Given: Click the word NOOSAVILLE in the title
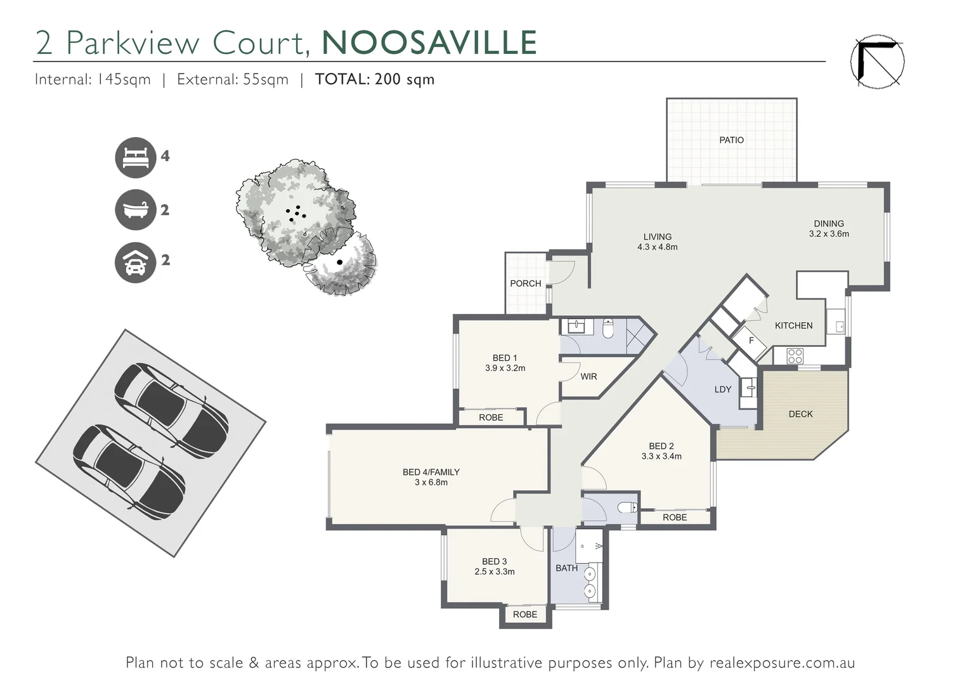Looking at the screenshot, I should point(429,42).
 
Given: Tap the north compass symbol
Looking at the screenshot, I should point(877,61).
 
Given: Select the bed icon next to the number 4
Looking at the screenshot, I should point(135,157).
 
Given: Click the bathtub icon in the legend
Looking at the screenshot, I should point(135,209).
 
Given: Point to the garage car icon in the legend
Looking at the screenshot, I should point(135,262).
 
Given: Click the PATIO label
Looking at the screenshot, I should point(731,140).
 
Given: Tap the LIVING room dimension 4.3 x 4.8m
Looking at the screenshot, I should point(657,247).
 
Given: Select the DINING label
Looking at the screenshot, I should point(829,223).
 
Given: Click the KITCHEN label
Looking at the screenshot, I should point(793,325).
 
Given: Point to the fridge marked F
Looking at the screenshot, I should point(751,341).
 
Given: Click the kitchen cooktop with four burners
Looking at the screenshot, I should point(795,356).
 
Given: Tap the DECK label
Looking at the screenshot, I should point(800,414).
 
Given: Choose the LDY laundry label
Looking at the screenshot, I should point(723,389).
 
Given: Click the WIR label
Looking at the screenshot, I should point(589,377).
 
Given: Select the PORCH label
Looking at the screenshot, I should point(526,284).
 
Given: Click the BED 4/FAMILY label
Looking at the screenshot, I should point(431,472).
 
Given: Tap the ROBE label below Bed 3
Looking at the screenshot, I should point(525,615).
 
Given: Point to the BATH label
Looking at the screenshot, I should point(566,568).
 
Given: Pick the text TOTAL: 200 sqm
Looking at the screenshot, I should point(375,79).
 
